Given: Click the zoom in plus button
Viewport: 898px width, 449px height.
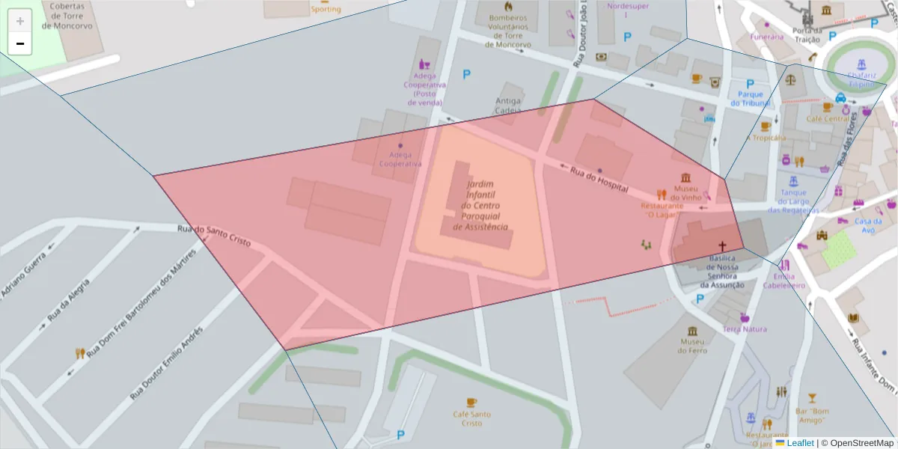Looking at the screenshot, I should (x=20, y=21).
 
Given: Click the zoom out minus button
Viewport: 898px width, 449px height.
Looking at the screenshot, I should (x=20, y=43).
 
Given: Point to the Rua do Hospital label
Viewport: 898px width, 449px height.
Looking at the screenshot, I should (x=598, y=181).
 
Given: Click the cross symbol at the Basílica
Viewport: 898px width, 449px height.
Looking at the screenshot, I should (x=722, y=246).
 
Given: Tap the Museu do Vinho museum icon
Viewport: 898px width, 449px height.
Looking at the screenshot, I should (x=685, y=177).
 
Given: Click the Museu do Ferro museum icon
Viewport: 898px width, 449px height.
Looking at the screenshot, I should (x=692, y=331).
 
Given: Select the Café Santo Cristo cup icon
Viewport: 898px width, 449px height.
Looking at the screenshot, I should (x=471, y=402).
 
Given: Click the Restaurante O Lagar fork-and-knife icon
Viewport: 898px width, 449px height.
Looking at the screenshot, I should (x=662, y=195).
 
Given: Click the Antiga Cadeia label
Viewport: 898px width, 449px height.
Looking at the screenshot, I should (x=508, y=106).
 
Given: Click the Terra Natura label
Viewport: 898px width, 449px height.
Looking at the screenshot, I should (x=745, y=329).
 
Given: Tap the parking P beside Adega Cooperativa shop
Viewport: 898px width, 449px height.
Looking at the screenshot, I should (x=467, y=74).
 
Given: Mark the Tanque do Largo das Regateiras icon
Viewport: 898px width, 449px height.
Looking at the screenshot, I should (x=793, y=180).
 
